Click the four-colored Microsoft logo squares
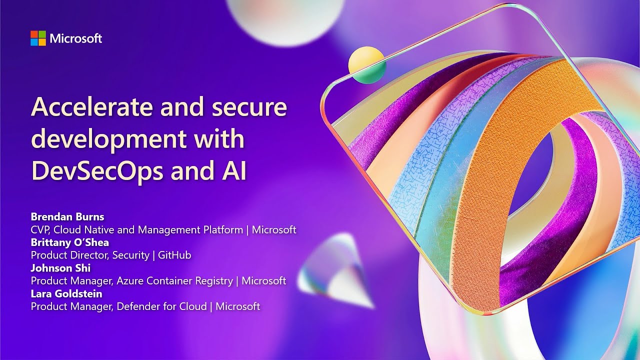point(38,38)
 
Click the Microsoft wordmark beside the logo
point(76,38)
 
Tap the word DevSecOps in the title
point(97,171)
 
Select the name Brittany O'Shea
point(70,242)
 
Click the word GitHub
point(174,255)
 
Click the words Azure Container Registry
point(174,281)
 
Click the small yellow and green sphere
point(366,65)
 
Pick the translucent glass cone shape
point(337,270)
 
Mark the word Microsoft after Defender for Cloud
point(238,306)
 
